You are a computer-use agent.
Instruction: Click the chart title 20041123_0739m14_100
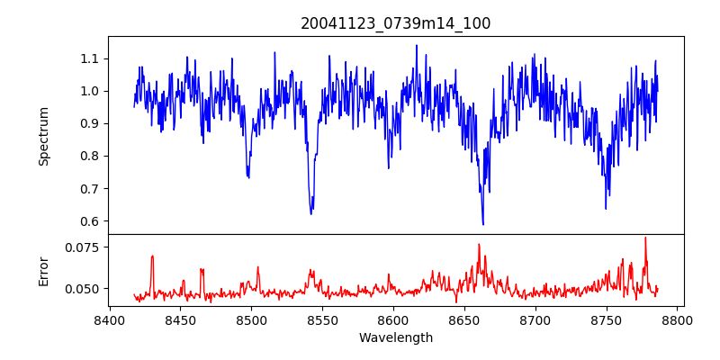click(x=396, y=23)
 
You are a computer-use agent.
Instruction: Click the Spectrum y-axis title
click(x=43, y=136)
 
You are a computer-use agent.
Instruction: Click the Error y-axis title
click(x=43, y=270)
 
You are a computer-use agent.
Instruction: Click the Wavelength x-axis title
click(x=396, y=338)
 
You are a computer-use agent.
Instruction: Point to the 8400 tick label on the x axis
click(x=109, y=319)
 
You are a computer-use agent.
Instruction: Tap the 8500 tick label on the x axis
click(x=251, y=319)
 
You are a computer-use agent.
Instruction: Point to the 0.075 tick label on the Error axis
click(x=84, y=247)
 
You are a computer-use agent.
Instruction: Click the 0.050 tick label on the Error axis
click(x=84, y=289)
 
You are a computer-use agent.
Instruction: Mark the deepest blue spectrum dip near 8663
click(x=483, y=224)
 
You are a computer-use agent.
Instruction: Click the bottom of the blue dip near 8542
click(x=311, y=213)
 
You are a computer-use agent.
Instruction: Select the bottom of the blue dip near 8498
click(x=248, y=177)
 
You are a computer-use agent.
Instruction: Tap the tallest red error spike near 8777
click(x=645, y=238)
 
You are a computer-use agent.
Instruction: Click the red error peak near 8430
click(x=152, y=256)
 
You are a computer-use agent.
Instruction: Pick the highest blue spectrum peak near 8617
click(x=417, y=45)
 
